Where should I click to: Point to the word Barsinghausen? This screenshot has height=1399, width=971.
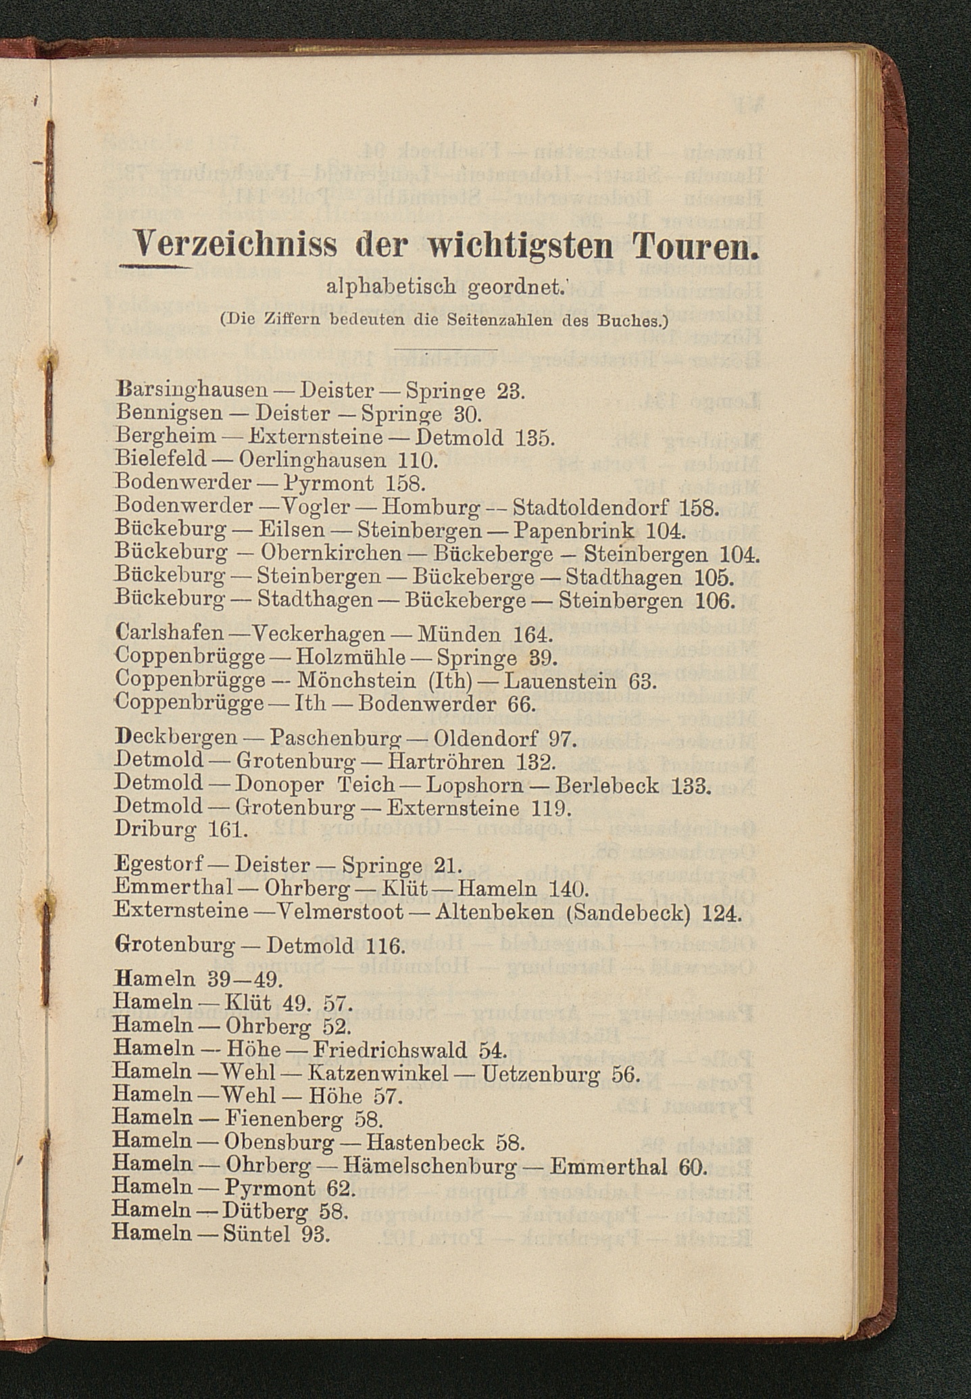coord(193,391)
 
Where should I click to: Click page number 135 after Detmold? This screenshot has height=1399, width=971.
coord(534,438)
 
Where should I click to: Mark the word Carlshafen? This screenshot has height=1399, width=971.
coord(170,634)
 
